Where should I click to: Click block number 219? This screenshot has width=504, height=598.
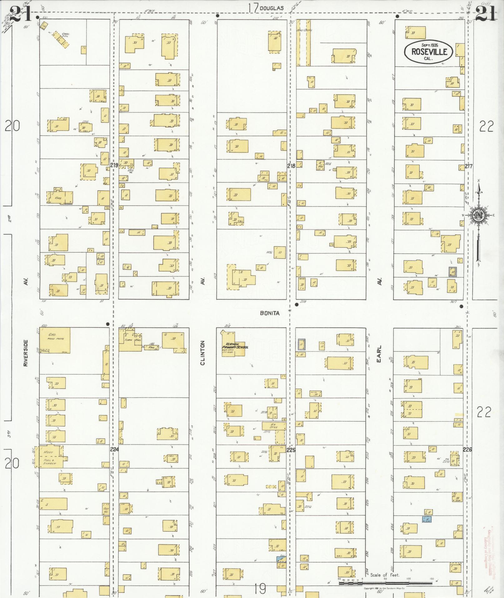coord(114,166)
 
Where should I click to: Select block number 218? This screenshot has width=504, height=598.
coord(291,166)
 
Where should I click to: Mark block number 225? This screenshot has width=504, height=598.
coord(291,450)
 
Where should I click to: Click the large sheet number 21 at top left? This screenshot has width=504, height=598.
coord(20,14)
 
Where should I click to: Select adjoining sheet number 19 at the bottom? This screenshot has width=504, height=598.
coord(260,589)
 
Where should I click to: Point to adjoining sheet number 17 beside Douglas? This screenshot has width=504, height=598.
coord(254,8)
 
